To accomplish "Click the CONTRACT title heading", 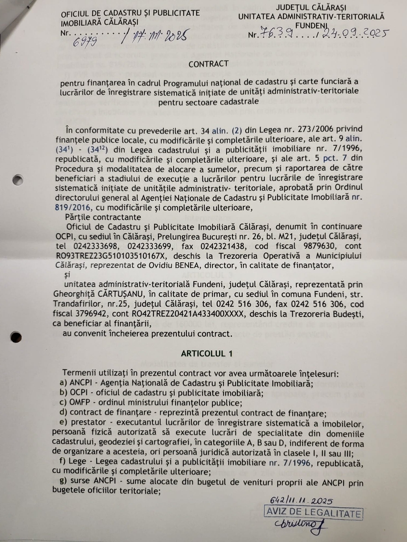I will (208, 64).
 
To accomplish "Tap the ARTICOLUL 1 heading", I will (207, 353).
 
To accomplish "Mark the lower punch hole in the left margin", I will (15, 337).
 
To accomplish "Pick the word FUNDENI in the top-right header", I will (311, 25).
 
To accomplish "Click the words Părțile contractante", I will (103, 217).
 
